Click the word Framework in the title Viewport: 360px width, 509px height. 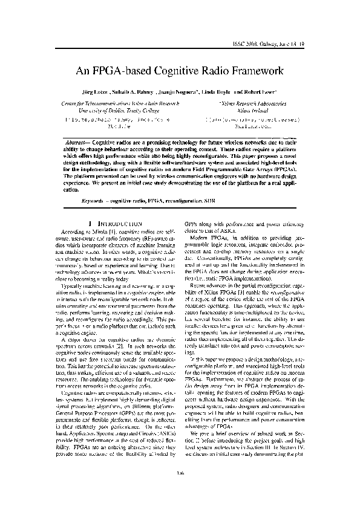254,71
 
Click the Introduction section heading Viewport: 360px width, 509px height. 118,223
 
